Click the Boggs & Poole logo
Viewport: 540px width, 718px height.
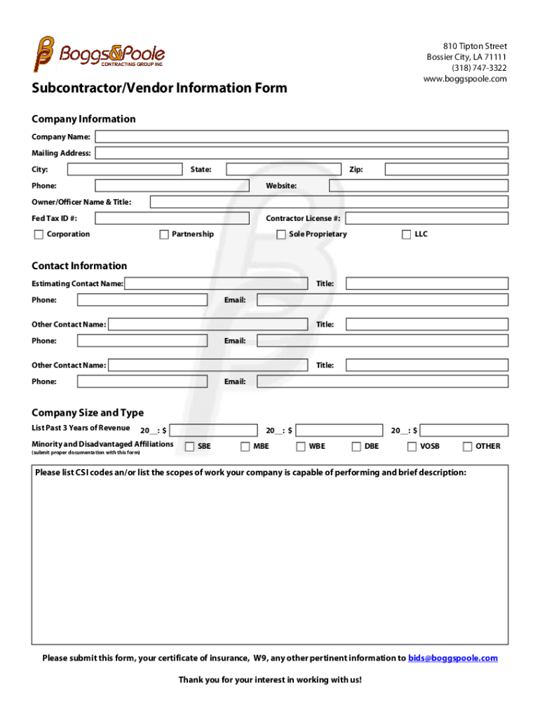[x=98, y=53]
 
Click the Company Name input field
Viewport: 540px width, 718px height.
[x=302, y=137]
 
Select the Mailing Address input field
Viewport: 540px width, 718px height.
[x=302, y=153]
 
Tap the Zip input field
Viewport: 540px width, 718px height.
[x=446, y=169]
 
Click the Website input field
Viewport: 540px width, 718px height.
[x=419, y=186]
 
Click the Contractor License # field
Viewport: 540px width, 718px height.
[x=426, y=219]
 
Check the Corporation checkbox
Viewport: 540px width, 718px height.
[x=39, y=235]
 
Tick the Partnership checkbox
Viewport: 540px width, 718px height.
[x=164, y=235]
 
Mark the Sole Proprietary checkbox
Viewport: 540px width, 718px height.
[x=281, y=235]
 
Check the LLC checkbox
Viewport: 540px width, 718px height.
[x=406, y=235]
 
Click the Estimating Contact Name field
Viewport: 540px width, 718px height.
[x=216, y=284]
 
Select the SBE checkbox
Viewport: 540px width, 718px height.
[x=189, y=447]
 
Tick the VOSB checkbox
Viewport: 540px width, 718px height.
[x=412, y=447]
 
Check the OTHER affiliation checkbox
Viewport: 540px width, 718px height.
[x=468, y=447]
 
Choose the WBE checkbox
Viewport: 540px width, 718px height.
[x=300, y=447]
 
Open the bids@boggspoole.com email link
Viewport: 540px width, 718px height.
[x=452, y=658]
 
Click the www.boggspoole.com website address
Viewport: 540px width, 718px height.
[x=464, y=79]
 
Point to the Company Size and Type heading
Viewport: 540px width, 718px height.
[x=88, y=413]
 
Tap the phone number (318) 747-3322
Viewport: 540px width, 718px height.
[x=479, y=68]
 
